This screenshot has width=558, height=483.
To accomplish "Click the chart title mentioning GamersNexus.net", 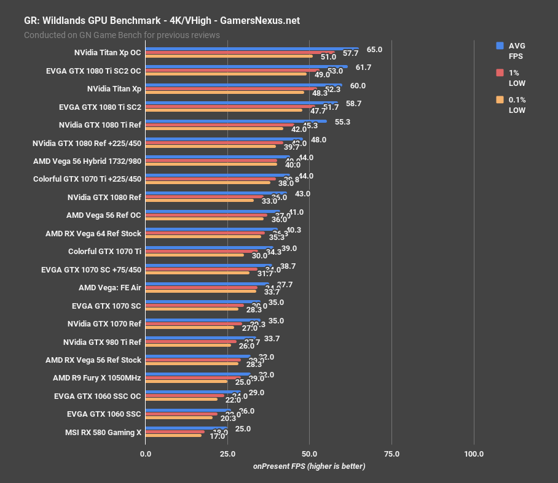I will (162, 20).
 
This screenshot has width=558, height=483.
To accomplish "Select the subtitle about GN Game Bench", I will (122, 35).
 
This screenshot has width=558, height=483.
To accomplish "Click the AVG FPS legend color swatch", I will (500, 45).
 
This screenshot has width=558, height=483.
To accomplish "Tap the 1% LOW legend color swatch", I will (500, 72).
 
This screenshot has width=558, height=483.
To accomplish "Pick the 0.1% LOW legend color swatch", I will (500, 99).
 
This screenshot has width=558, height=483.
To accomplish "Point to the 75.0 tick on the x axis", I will (391, 454).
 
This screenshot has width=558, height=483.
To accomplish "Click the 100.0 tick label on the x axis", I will (474, 454).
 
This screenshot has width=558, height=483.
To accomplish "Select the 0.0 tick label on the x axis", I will (146, 454).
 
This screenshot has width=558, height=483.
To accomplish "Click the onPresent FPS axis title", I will (309, 466).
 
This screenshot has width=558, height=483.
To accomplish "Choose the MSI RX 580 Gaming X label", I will (103, 432).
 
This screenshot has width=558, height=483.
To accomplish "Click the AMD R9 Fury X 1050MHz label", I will (97, 378).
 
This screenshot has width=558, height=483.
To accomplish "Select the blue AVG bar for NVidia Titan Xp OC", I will (252, 48).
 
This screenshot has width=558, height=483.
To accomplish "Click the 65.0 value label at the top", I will (374, 49).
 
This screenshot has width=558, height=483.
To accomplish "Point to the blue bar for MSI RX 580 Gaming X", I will (186, 428).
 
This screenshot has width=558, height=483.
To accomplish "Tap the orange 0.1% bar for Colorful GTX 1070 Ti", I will (195, 255).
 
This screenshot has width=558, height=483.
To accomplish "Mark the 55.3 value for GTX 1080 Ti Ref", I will (342, 122).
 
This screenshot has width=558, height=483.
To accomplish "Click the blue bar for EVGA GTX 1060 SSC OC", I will (193, 392).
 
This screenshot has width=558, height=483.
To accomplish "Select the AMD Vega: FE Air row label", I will (110, 287).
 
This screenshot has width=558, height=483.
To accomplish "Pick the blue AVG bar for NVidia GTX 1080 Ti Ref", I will (236, 121).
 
